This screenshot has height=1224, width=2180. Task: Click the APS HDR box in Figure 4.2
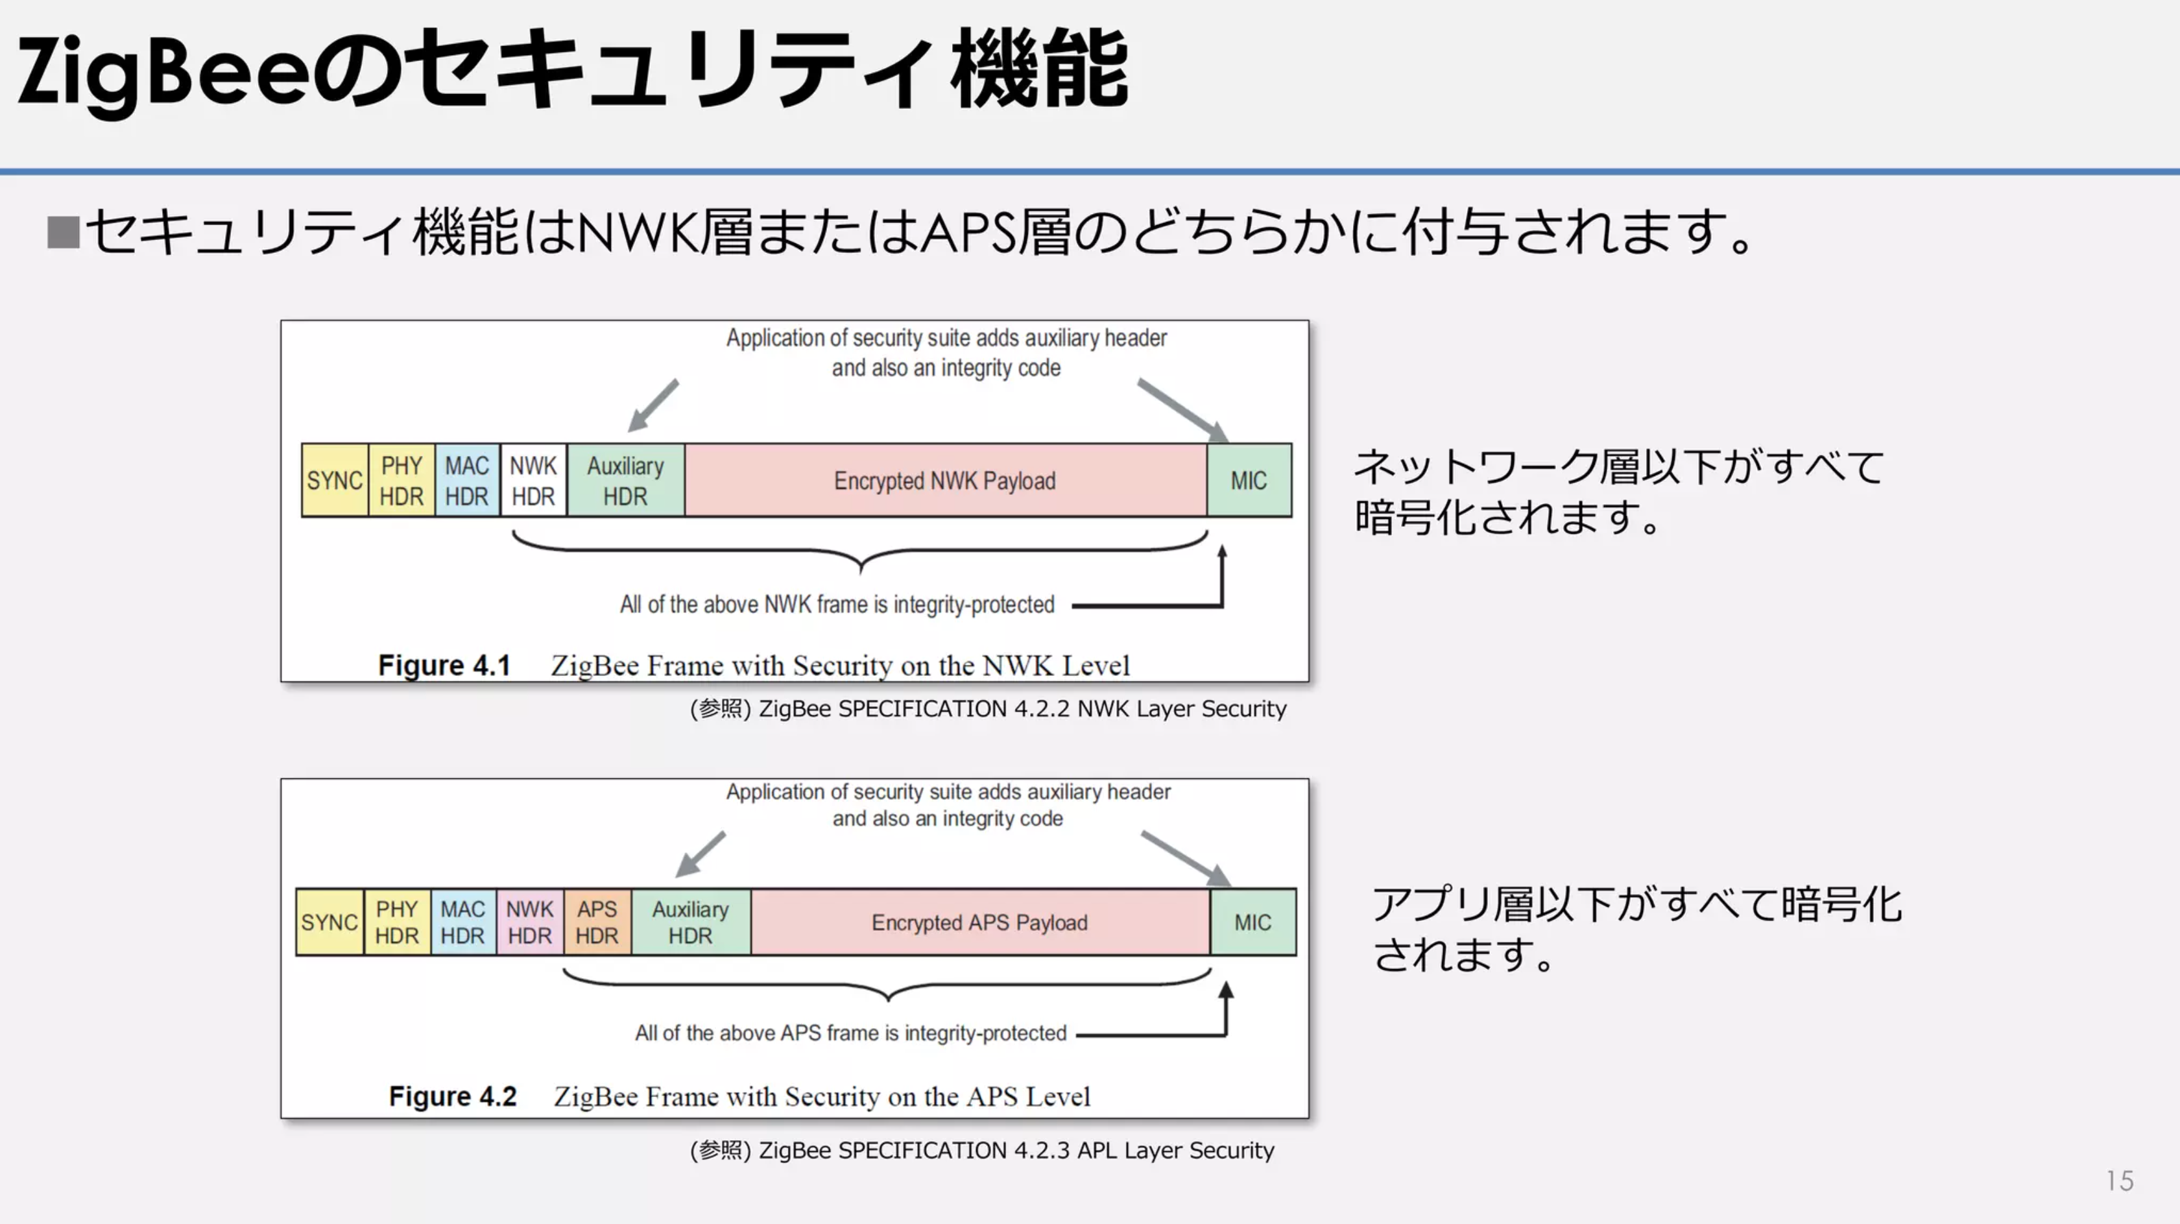click(597, 922)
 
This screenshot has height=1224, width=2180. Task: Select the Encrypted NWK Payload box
click(945, 480)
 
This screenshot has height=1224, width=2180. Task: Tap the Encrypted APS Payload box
click(980, 922)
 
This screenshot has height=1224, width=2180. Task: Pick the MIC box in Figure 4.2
click(1252, 922)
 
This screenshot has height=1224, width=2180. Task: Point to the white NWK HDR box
click(533, 480)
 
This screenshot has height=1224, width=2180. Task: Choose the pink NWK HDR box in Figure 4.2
click(530, 922)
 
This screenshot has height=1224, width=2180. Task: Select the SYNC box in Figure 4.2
click(330, 922)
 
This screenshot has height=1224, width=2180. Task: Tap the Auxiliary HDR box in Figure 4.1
click(625, 480)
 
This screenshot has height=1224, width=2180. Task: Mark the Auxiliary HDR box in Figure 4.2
click(691, 922)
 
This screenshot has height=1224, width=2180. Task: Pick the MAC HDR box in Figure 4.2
click(463, 922)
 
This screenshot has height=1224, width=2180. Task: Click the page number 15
click(2120, 1181)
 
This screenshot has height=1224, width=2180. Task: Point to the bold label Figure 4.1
click(444, 666)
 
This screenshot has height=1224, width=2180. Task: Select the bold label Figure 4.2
click(453, 1096)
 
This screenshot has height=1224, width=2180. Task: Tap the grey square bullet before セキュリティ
click(64, 232)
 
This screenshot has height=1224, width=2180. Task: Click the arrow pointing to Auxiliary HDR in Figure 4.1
click(653, 405)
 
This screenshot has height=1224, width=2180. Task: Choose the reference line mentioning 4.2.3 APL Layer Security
click(981, 1150)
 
